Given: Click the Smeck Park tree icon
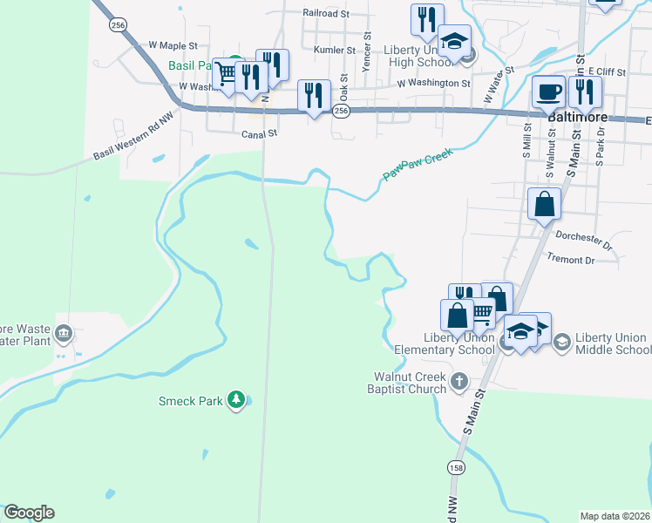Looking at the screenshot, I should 235,400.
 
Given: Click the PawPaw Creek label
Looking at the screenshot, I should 418,165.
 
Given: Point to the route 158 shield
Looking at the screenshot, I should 456,468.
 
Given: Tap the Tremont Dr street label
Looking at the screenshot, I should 570,259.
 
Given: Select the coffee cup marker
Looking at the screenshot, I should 548,91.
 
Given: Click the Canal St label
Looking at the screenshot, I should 259,133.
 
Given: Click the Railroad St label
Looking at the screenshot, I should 325,13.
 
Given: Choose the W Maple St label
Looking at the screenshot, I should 173,44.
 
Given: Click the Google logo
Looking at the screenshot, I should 29,513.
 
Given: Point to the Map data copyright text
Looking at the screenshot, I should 615,515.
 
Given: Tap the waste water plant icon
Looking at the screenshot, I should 63,333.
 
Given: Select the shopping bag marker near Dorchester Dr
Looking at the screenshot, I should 544,205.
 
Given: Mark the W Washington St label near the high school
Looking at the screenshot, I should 433,84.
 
